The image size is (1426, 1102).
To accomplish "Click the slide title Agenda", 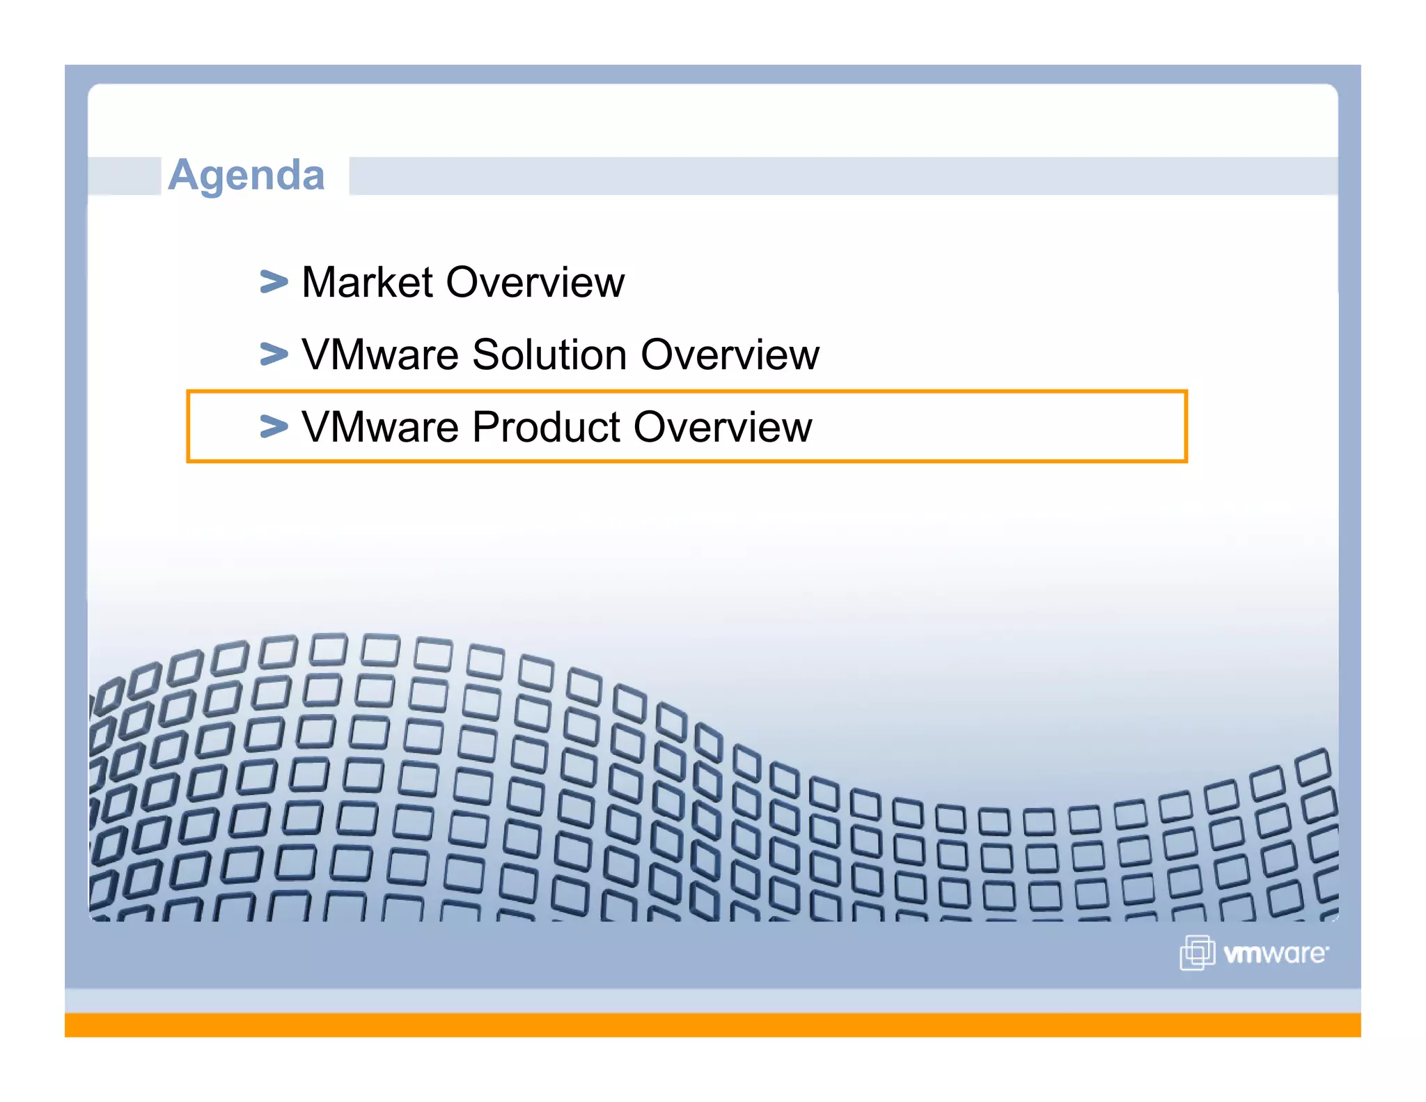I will [246, 175].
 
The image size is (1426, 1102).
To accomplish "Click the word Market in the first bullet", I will [368, 283].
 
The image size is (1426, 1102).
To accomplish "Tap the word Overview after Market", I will [535, 283].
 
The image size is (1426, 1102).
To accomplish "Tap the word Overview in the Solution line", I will [730, 355].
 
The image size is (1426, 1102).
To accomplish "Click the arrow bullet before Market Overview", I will [274, 282].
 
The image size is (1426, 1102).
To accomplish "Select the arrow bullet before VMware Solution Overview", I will [274, 354].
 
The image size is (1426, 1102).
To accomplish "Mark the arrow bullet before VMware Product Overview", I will [274, 426].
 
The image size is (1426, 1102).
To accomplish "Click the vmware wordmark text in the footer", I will [1276, 954].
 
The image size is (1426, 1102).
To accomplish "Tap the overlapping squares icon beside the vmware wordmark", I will [1197, 952].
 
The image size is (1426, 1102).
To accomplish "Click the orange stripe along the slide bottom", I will [713, 1025].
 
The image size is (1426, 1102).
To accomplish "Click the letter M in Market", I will [319, 283].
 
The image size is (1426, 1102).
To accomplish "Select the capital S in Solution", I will [487, 355].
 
